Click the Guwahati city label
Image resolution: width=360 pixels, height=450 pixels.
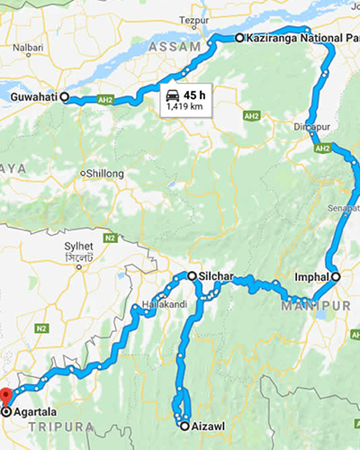(x=35, y=95)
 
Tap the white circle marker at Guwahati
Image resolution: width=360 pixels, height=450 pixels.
(x=66, y=101)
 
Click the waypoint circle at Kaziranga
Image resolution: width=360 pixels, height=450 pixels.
(x=239, y=39)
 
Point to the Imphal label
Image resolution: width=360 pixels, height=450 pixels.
(x=310, y=277)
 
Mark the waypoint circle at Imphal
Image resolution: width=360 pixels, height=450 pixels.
(x=335, y=277)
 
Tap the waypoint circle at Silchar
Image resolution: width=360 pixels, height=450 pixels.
(x=191, y=275)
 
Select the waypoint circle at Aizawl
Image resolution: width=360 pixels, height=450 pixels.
(x=183, y=425)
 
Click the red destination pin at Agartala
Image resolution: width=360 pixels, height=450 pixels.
(x=5, y=397)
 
